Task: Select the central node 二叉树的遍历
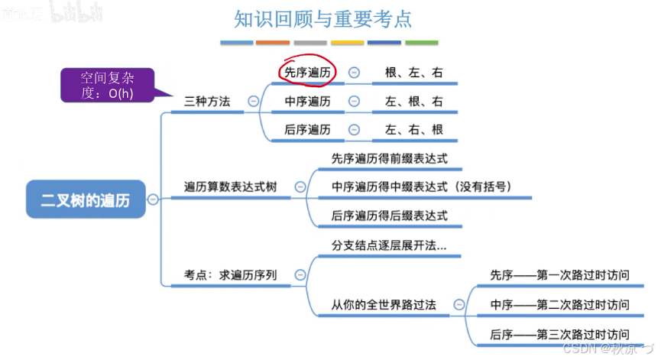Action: point(85,200)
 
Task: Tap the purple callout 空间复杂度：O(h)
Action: point(106,85)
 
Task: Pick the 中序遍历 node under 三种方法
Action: point(307,101)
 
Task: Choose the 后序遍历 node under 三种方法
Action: point(307,129)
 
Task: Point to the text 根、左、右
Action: point(413,73)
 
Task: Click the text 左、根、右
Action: point(413,101)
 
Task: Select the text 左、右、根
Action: point(413,129)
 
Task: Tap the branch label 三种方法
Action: point(207,101)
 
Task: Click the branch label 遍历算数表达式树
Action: point(230,186)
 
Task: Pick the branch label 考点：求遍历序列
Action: point(230,274)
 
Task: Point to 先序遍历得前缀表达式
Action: point(389,158)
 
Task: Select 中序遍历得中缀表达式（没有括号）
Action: point(421,186)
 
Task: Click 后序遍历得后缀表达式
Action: point(389,215)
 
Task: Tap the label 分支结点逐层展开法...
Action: point(389,245)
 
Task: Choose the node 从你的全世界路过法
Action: point(384,304)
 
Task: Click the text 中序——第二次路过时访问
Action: point(559,304)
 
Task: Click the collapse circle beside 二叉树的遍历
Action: point(153,199)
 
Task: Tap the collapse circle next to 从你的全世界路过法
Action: point(458,304)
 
